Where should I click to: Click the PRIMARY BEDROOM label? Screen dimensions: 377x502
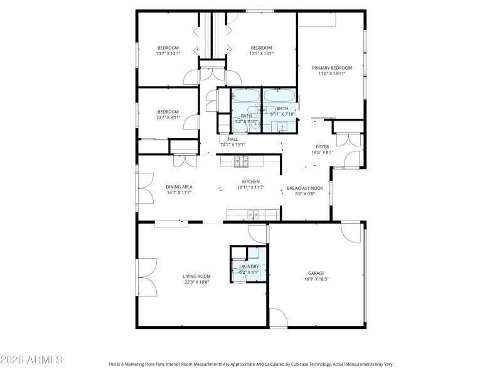pos(331,68)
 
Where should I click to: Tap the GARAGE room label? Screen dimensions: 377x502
pos(316,273)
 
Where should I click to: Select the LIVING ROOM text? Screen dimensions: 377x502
pos(196,276)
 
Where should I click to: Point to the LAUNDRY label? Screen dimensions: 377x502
pos(249,267)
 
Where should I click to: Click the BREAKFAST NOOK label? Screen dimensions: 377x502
pos(304,188)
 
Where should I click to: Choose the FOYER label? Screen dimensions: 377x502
pos(322,146)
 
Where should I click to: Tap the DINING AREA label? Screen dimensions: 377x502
pos(179,187)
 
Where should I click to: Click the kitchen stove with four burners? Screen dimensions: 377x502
pos(242,161)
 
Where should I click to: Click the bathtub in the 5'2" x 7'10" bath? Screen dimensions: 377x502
pos(245,96)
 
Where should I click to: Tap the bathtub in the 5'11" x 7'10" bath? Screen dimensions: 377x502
pos(277,96)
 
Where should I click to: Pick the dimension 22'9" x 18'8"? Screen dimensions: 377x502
pos(196,282)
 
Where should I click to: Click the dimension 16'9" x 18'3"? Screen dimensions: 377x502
pos(316,279)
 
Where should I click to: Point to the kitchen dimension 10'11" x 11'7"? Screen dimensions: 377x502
pos(250,187)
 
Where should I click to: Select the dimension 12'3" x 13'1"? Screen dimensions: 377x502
pos(261,53)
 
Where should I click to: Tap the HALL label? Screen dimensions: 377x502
pos(233,139)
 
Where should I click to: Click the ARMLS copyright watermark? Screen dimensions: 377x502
pos(31,360)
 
